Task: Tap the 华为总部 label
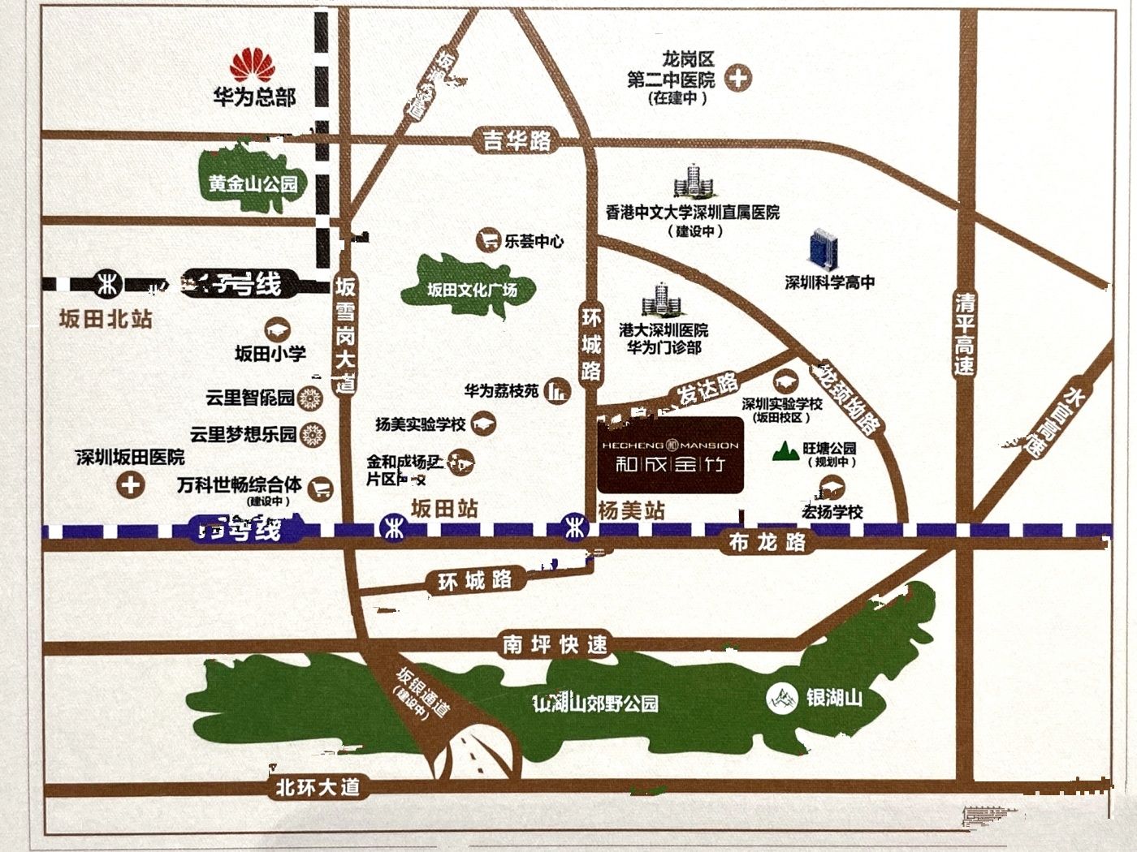click(254, 98)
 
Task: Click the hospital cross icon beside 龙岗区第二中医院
click(738, 79)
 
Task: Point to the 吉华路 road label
click(517, 141)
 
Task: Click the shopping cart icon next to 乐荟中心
click(488, 240)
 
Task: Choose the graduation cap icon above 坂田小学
click(276, 329)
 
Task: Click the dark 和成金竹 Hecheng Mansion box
click(670, 455)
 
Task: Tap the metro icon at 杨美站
click(576, 528)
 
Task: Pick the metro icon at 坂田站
click(391, 528)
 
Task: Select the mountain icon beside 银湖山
click(781, 698)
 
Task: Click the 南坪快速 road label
click(556, 645)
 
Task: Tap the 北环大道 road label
click(318, 787)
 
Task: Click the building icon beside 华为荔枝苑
click(557, 391)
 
